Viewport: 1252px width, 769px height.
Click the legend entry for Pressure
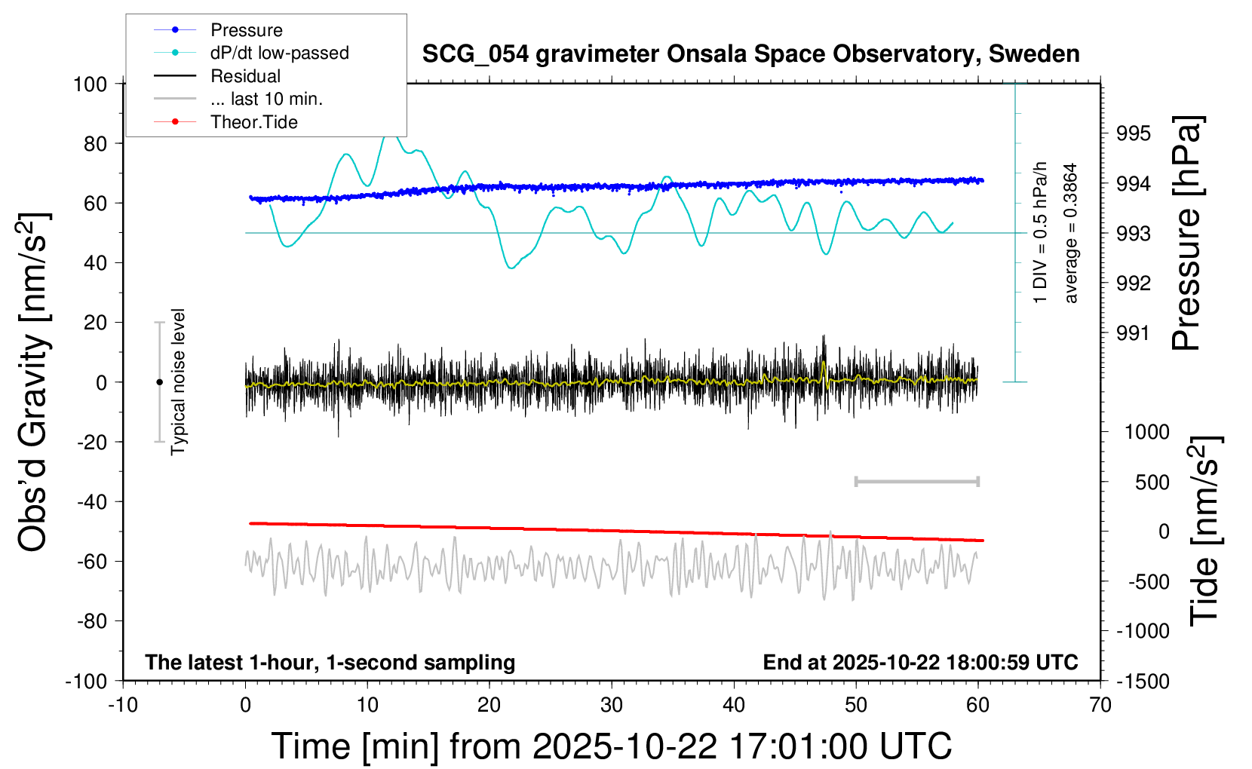point(246,30)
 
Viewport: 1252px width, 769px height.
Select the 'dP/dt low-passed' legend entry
point(279,53)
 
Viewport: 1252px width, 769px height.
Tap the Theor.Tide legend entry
point(253,122)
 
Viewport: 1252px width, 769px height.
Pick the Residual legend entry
point(245,76)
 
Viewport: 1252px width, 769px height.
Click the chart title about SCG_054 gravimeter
point(750,54)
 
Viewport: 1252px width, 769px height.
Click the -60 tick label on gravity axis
point(91,561)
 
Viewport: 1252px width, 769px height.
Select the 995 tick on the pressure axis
point(1134,133)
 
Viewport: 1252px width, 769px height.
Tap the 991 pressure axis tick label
point(1134,333)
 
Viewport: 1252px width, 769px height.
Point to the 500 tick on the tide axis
point(1152,483)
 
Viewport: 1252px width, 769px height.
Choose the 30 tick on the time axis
point(611,706)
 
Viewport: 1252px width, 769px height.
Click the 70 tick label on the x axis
point(1100,706)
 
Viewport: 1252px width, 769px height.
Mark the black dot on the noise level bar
point(159,382)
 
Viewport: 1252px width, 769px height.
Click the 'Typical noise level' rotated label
point(178,382)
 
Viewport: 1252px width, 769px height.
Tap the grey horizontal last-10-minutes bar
point(916,481)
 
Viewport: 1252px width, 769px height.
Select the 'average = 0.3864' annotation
point(1071,234)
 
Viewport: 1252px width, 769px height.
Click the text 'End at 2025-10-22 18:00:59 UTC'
point(920,663)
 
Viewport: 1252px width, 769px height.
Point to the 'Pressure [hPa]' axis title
point(1187,234)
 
